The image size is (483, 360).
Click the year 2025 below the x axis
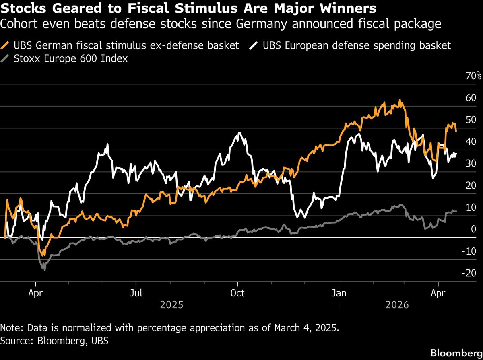click(x=171, y=304)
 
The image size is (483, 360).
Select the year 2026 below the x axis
click(x=397, y=304)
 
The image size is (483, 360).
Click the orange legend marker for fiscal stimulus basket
click(x=6, y=45)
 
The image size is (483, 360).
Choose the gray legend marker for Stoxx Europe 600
click(x=6, y=58)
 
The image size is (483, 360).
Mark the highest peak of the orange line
click(x=400, y=100)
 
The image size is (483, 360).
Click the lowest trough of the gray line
click(x=44, y=269)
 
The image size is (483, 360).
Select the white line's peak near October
click(x=240, y=133)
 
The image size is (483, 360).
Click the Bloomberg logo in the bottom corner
click(x=456, y=353)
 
